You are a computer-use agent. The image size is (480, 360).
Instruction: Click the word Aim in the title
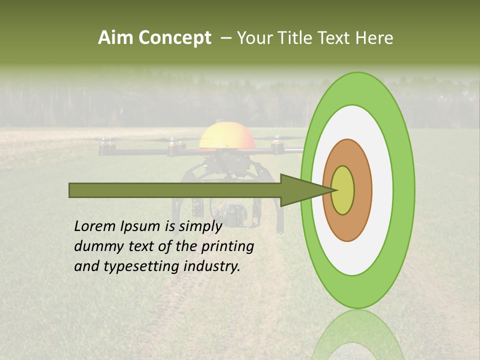point(115,38)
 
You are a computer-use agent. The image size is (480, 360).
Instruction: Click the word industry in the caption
point(212,266)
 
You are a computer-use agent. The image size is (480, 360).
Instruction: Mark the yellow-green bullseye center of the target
point(342,190)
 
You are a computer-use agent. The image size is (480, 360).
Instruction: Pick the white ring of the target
point(381,190)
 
